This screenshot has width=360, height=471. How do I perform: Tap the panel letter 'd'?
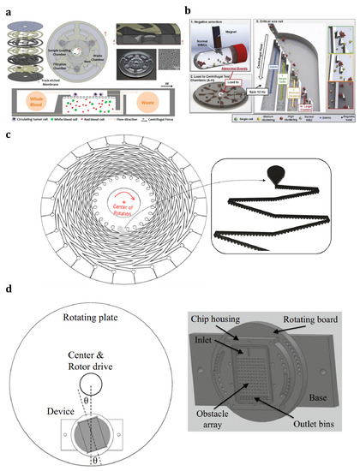(8, 310)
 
